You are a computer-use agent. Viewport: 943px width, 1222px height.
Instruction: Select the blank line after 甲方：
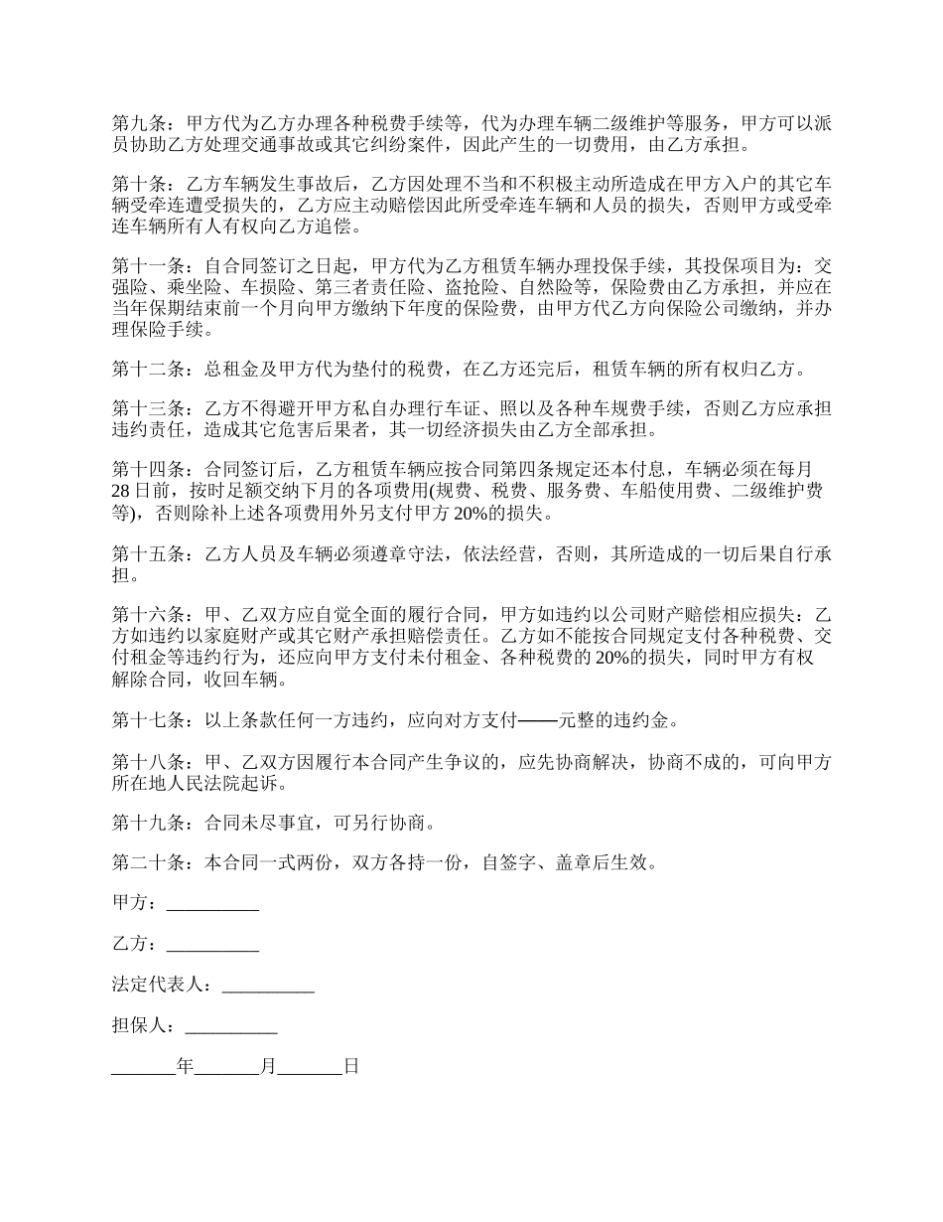212,904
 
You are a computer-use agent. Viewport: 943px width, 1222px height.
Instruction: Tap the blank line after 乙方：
212,945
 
